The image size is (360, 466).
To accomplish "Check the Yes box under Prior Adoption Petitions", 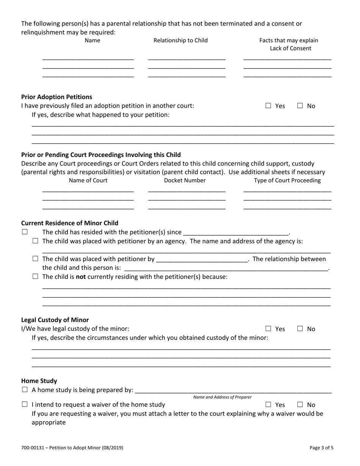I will click(x=268, y=106).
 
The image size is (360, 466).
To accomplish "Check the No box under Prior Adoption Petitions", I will click(x=300, y=106).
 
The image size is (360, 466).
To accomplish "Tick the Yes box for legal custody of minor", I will click(x=268, y=329).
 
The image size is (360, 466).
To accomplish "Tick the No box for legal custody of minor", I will click(x=300, y=329).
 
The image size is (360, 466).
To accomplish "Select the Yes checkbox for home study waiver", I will click(x=268, y=405).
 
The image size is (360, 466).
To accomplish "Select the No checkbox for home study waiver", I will click(x=300, y=405).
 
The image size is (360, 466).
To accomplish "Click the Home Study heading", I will click(x=39, y=381).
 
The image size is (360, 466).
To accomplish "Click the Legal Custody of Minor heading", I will click(x=55, y=320).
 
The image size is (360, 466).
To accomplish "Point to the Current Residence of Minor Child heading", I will click(x=70, y=223).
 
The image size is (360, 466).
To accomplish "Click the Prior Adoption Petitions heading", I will click(x=56, y=97).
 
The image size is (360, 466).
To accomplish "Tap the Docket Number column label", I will click(x=185, y=180).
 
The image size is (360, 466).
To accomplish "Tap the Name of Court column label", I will click(x=88, y=180).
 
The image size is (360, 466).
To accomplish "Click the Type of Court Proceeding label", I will click(x=287, y=180).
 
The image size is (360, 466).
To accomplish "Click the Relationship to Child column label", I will click(x=180, y=41).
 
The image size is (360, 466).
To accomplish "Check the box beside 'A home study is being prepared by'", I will click(x=25, y=389).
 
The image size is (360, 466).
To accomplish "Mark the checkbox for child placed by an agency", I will click(x=35, y=241).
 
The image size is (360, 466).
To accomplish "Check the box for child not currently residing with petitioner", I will click(x=35, y=277).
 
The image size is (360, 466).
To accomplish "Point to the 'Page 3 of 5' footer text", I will click(x=321, y=447).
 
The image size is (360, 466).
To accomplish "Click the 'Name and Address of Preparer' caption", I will click(x=222, y=397).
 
